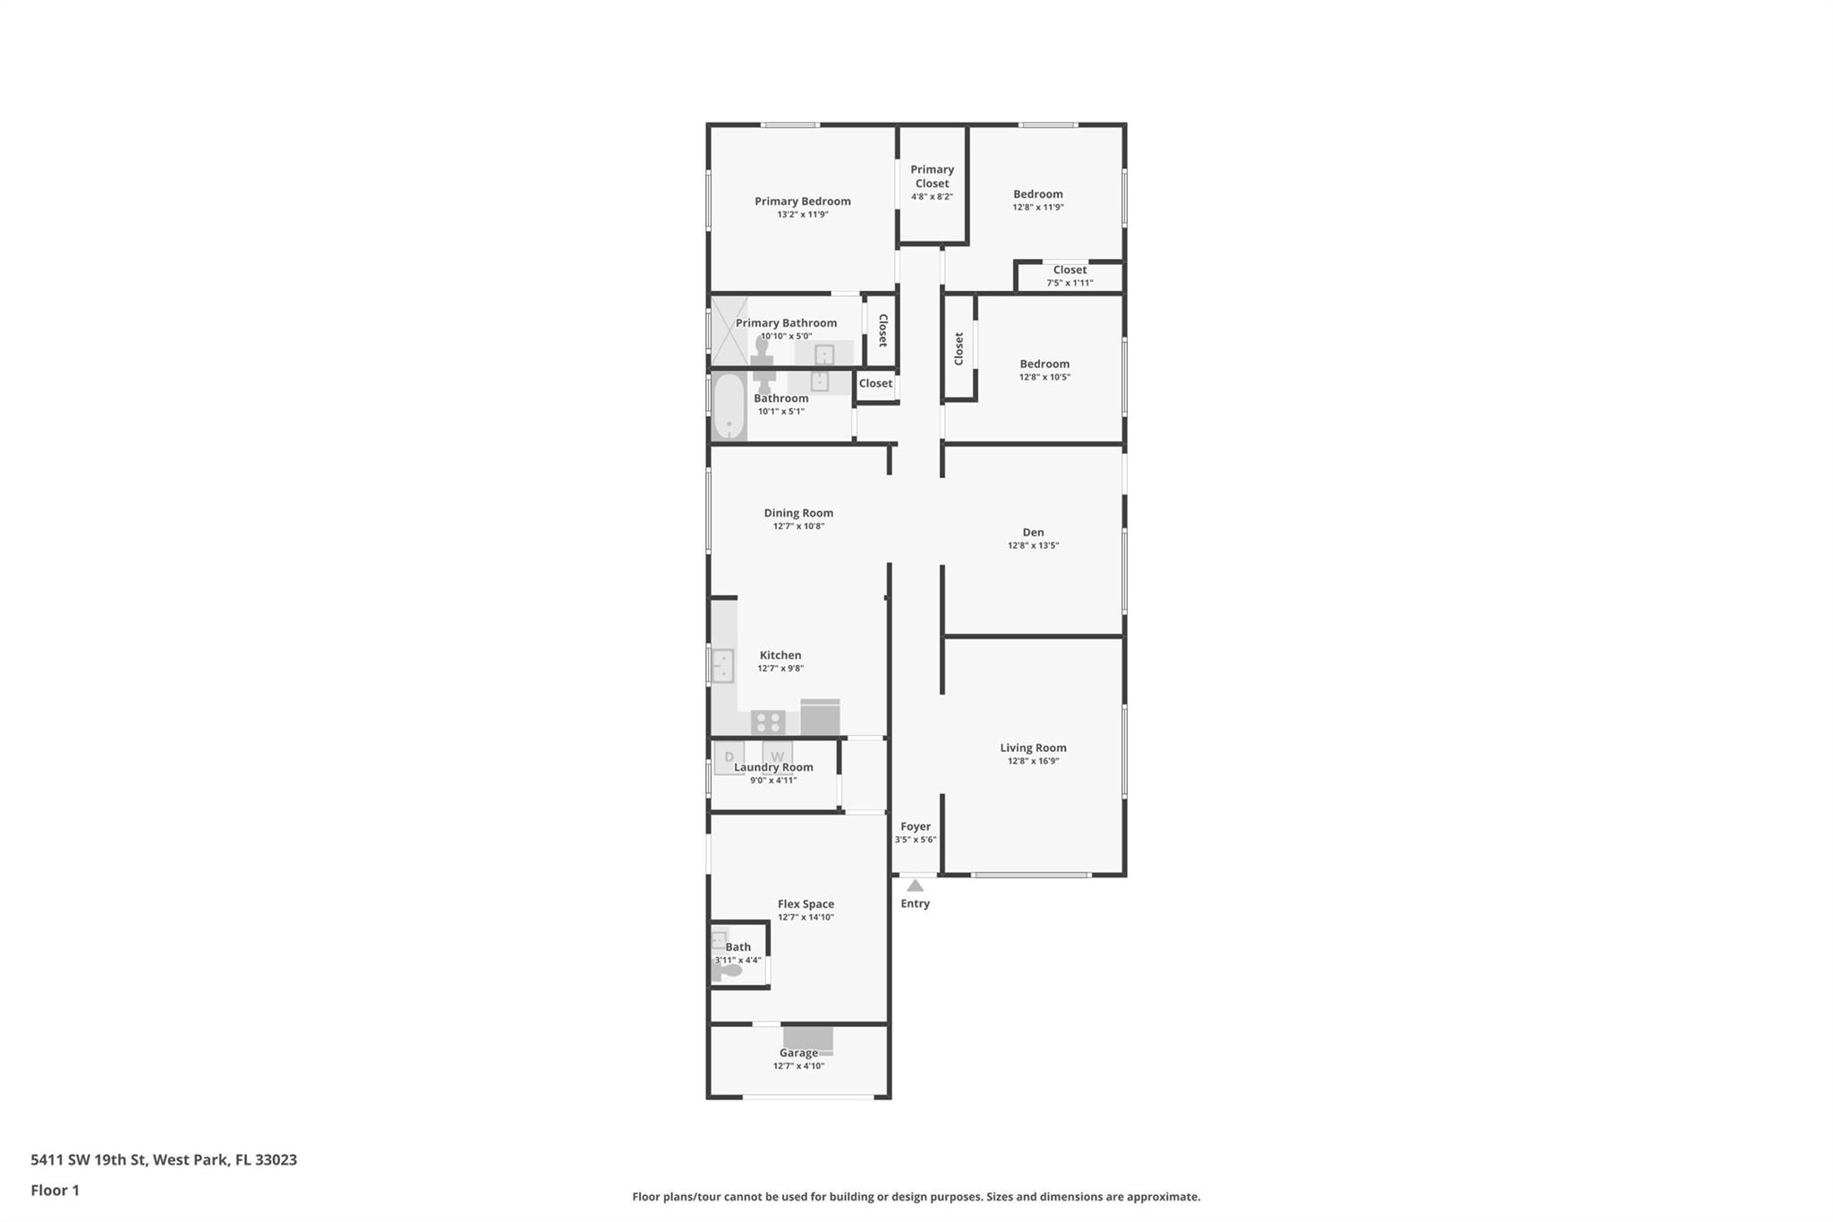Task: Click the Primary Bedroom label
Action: pyautogui.click(x=802, y=201)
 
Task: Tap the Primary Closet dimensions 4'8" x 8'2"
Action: pyautogui.click(x=932, y=197)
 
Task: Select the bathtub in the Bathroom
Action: pyautogui.click(x=729, y=407)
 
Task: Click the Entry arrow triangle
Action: pyautogui.click(x=915, y=885)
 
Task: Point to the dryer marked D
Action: pyautogui.click(x=729, y=757)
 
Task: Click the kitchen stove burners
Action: pyautogui.click(x=768, y=722)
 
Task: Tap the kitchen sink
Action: pyautogui.click(x=722, y=666)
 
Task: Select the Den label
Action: pyautogui.click(x=1033, y=533)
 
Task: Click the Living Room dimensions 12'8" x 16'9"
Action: pyautogui.click(x=1033, y=761)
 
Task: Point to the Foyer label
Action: pyautogui.click(x=916, y=826)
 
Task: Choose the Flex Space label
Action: pyautogui.click(x=806, y=904)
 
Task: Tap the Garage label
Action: pyautogui.click(x=798, y=1053)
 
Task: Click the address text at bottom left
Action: pyautogui.click(x=164, y=1159)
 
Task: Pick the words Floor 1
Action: pyautogui.click(x=55, y=1190)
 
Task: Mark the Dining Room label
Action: pyautogui.click(x=798, y=513)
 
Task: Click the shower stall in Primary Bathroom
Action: pyautogui.click(x=729, y=330)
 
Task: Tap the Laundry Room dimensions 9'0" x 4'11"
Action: pyautogui.click(x=773, y=781)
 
